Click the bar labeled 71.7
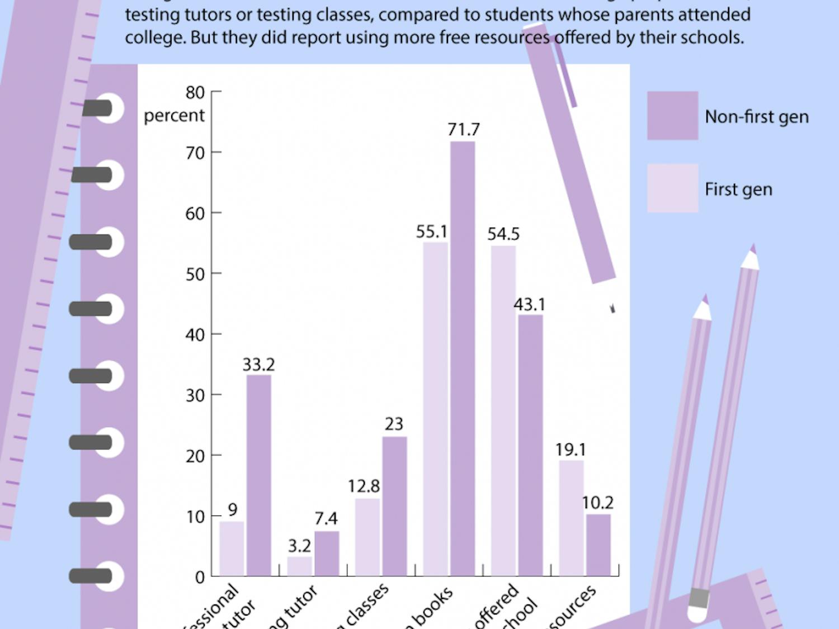coord(463,358)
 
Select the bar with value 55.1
coord(435,408)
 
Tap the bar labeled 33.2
coord(259,475)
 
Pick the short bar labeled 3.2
coord(300,566)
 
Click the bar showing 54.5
coord(503,411)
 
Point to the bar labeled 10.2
coord(598,545)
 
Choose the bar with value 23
coord(394,506)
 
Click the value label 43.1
coord(529,305)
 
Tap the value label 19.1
coord(571,450)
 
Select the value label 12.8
coord(364,486)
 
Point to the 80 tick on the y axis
coord(195,92)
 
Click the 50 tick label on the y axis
coord(195,274)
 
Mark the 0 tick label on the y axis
coord(200,578)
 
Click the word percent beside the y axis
coord(174,116)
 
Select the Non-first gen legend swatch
coord(672,116)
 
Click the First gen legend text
coord(738,190)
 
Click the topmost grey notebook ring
coord(98,108)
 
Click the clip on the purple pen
coord(565,73)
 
